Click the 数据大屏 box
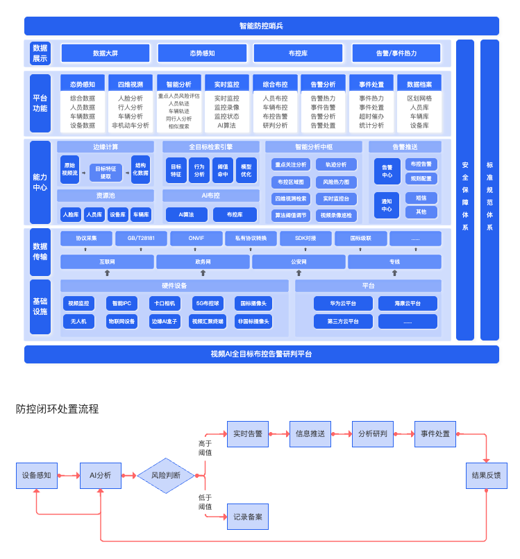[x=106, y=53]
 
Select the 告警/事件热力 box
[x=396, y=53]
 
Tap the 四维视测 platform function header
[x=131, y=85]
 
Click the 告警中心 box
[x=387, y=171]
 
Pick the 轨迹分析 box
[x=336, y=164]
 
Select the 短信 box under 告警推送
[x=421, y=198]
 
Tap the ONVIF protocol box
[x=196, y=239]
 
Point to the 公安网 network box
[x=298, y=262]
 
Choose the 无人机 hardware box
[x=78, y=321]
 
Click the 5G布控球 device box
[x=207, y=303]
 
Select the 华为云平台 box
[x=343, y=303]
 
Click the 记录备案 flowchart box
[x=248, y=517]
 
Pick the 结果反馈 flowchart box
[x=486, y=476]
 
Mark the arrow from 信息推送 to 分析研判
[x=341, y=433]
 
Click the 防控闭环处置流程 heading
[x=58, y=409]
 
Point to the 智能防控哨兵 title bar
[x=261, y=26]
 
